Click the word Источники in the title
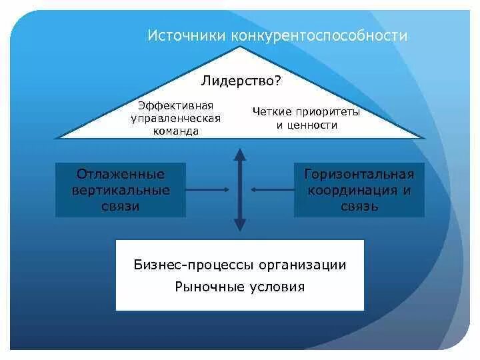[187, 35]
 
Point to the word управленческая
[175, 118]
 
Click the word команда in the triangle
[175, 131]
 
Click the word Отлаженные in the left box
[121, 174]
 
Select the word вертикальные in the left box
[121, 190]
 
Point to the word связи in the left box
[121, 206]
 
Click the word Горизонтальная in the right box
[359, 174]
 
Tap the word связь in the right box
[359, 206]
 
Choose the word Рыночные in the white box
[205, 287]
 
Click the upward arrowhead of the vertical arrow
[240, 155]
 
